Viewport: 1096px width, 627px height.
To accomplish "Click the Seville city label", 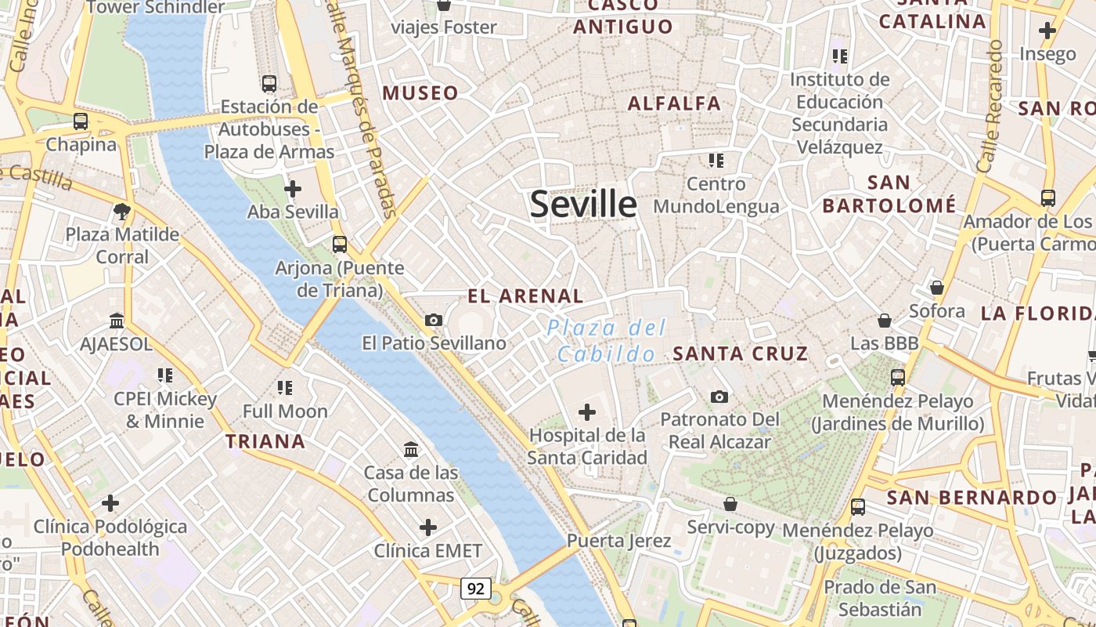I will (583, 205).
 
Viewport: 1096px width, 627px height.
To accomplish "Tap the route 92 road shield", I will (475, 588).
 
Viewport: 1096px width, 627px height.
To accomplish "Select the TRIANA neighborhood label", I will (265, 441).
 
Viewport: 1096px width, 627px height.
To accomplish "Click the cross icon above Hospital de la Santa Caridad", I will (586, 411).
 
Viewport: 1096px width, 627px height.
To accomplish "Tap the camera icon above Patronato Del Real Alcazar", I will (719, 397).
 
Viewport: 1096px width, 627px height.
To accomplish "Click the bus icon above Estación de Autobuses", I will (269, 83).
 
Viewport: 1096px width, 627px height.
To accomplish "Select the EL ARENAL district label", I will (525, 296).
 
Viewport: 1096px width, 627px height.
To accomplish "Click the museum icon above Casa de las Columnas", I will (411, 449).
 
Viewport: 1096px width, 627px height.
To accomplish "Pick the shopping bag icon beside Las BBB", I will (884, 320).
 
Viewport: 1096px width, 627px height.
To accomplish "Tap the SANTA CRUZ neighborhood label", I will (741, 353).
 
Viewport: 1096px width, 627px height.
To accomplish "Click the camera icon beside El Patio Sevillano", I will (433, 320).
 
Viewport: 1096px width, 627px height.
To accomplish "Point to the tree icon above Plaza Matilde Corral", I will (121, 210).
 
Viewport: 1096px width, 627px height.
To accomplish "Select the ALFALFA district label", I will (674, 103).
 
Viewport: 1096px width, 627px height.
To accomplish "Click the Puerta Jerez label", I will (618, 541).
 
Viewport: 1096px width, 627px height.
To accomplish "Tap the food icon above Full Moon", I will (285, 387).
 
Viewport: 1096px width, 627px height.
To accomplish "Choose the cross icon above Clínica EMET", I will (427, 527).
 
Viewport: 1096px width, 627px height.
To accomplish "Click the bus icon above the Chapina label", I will (81, 121).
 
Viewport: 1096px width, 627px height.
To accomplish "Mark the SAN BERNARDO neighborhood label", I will (972, 498).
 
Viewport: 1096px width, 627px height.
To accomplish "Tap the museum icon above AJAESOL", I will (117, 320).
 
